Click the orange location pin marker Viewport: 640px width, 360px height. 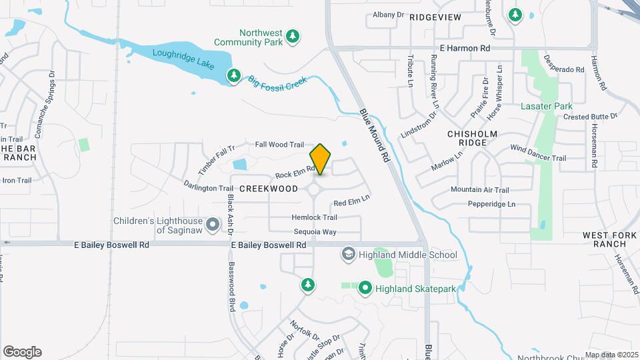(320, 159)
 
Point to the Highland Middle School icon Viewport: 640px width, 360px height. (348, 254)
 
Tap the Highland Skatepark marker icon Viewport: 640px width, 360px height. (365, 288)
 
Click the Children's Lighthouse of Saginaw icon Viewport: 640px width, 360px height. (213, 225)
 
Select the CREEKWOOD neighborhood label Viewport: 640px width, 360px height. (269, 189)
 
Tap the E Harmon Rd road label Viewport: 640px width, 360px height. (465, 49)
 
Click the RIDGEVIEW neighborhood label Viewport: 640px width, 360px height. (435, 16)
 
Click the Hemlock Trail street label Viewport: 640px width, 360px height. (314, 217)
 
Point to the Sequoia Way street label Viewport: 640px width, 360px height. (315, 232)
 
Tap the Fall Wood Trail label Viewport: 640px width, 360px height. (279, 145)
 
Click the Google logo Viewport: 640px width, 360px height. (22, 352)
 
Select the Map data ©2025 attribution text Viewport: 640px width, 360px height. (611, 355)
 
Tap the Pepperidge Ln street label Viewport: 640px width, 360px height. (491, 204)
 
